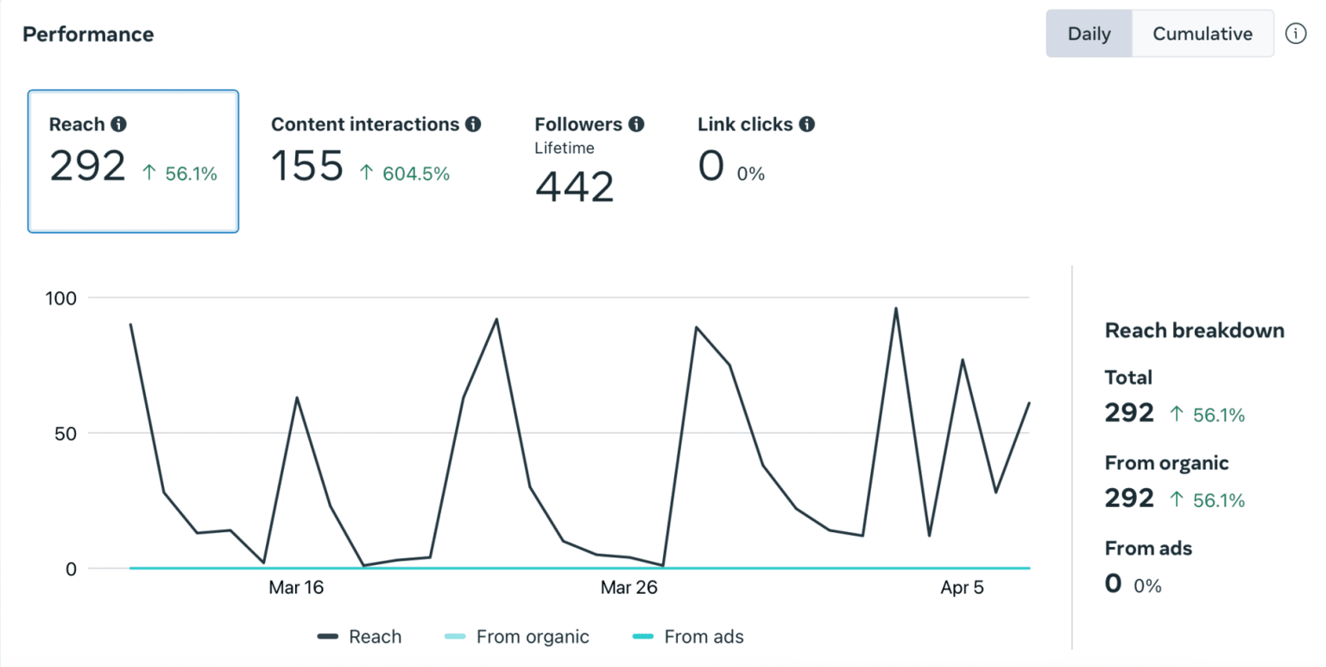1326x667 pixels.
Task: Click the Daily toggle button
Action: (x=1088, y=34)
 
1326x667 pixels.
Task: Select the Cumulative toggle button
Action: (x=1202, y=34)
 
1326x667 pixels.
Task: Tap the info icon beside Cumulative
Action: (x=1295, y=34)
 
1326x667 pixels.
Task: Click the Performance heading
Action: (x=88, y=35)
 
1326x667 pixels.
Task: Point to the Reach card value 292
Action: (x=87, y=165)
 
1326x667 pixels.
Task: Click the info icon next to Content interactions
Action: (x=472, y=124)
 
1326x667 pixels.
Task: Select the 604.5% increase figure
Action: (x=405, y=174)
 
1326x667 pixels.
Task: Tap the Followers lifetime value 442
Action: (x=574, y=186)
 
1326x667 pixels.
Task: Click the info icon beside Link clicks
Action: (x=806, y=124)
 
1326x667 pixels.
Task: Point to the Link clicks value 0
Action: (x=710, y=166)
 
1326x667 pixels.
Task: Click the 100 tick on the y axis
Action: (x=60, y=298)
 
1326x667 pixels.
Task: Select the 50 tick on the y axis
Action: (x=65, y=433)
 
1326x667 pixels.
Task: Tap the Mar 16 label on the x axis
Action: (x=296, y=588)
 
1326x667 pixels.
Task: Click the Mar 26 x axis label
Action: (x=628, y=588)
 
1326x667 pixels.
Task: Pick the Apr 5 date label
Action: (x=961, y=588)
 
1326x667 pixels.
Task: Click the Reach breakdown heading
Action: (x=1194, y=330)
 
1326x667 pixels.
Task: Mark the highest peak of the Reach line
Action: (x=895, y=308)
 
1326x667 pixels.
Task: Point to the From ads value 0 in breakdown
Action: (x=1113, y=583)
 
